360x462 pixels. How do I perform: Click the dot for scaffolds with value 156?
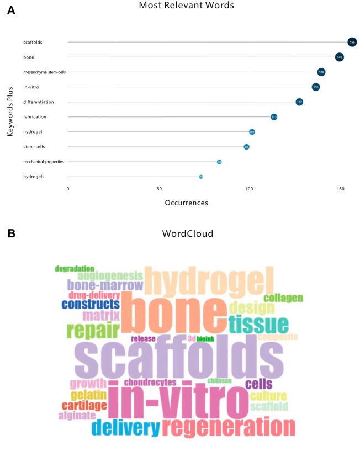[352, 42]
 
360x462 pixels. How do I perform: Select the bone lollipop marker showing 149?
[340, 57]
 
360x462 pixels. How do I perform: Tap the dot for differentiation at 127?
[299, 102]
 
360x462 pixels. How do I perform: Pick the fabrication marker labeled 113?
[274, 117]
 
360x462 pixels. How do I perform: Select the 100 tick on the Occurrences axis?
[250, 189]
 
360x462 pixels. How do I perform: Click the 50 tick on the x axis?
[159, 189]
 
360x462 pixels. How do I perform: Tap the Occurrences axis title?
[186, 203]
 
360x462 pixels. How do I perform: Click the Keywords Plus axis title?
[10, 109]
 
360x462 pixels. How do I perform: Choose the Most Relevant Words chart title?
[186, 6]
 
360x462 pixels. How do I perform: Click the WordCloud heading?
[187, 233]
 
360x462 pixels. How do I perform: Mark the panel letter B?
[11, 233]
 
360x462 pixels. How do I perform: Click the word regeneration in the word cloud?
[229, 427]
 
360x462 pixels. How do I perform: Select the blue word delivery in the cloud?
[126, 427]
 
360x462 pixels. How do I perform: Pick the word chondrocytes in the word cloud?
[150, 382]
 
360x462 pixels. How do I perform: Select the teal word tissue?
[258, 325]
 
